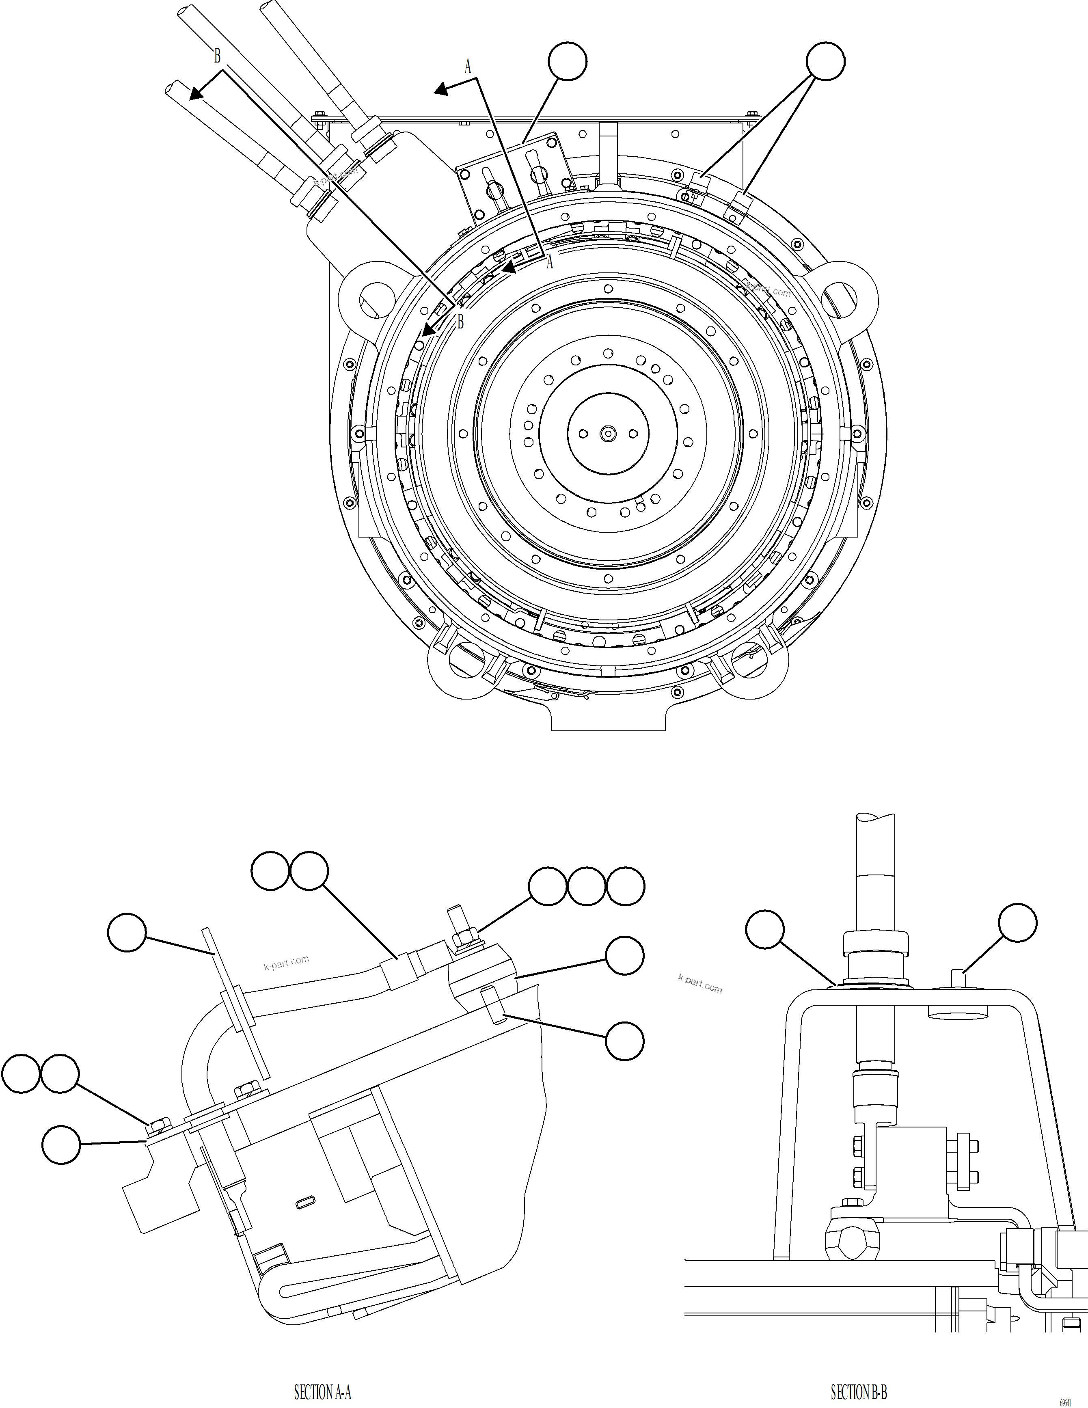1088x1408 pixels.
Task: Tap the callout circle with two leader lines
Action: tap(826, 62)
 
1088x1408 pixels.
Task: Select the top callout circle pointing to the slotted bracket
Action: tap(567, 62)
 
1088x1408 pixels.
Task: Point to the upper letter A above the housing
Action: tap(468, 66)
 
